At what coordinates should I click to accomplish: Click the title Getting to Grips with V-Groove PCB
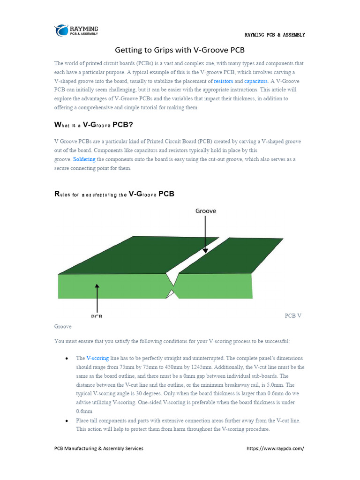click(180, 50)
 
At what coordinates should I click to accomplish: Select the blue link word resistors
click(223, 81)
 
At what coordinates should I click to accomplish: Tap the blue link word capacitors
click(255, 81)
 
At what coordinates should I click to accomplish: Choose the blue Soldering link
click(84, 159)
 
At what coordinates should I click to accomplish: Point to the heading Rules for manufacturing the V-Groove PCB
click(114, 194)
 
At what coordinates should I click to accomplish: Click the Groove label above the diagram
click(206, 211)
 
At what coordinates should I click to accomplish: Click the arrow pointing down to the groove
click(205, 234)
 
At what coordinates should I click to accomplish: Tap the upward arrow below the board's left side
click(97, 296)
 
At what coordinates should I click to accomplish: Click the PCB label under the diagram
click(97, 316)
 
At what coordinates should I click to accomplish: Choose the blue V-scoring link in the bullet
click(97, 358)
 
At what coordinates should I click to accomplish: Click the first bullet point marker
click(66, 359)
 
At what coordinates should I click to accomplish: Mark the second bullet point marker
click(66, 421)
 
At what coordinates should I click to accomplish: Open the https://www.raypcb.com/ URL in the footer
click(275, 448)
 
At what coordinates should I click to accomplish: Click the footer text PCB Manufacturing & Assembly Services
click(99, 448)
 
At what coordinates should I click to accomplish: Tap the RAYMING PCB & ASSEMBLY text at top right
click(275, 35)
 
